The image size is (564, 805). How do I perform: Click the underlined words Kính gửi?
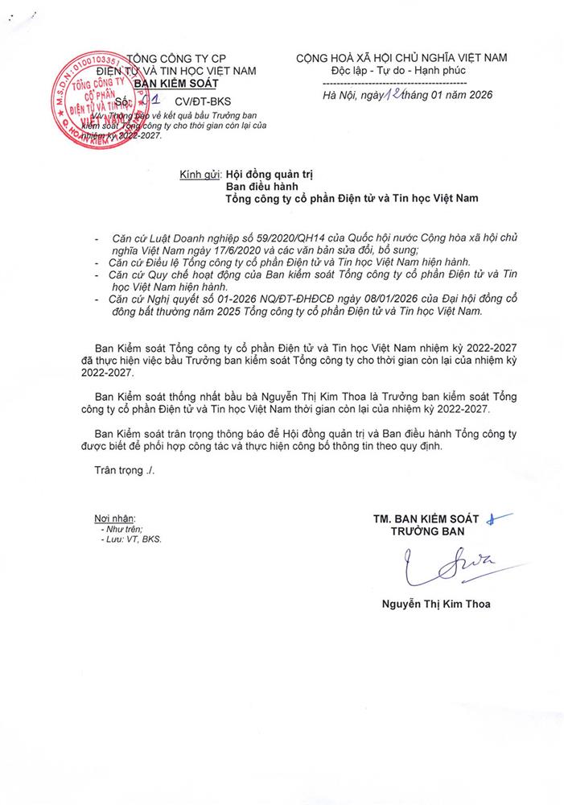(x=200, y=173)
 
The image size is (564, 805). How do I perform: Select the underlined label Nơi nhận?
(x=115, y=518)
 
